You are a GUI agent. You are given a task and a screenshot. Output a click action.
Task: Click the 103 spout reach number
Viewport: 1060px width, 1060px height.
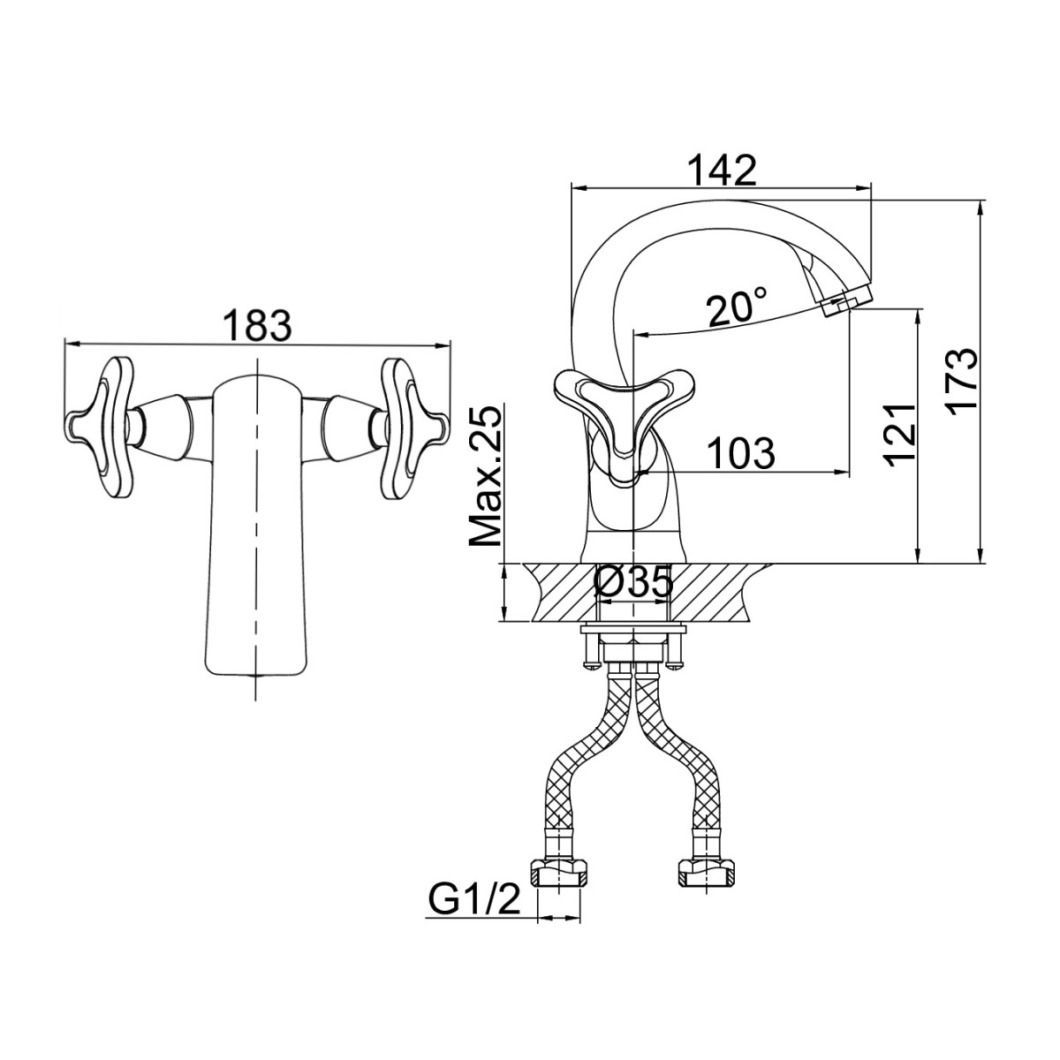click(x=740, y=453)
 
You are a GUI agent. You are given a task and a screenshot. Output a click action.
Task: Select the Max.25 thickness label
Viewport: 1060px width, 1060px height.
click(x=485, y=476)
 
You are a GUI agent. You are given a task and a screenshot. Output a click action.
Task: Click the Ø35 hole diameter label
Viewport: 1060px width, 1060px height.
click(x=633, y=582)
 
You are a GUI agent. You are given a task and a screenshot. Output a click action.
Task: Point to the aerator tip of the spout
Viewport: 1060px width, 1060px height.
click(x=846, y=302)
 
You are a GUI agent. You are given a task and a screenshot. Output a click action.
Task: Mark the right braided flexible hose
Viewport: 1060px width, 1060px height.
click(x=682, y=765)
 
